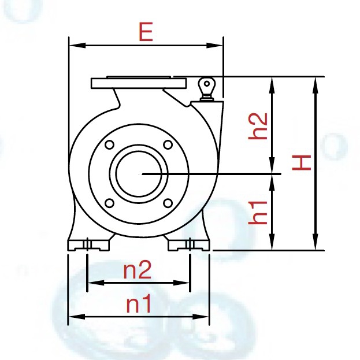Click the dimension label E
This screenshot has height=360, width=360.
(x=146, y=32)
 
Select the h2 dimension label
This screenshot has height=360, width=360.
(x=258, y=126)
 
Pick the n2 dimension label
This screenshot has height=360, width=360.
(x=138, y=269)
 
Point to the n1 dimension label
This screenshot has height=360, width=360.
(x=139, y=303)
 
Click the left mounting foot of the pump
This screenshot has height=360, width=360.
(x=88, y=244)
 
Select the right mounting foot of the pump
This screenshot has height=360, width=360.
(x=188, y=244)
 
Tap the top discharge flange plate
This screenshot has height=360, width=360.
(x=139, y=83)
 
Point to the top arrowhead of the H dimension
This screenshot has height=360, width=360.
(x=315, y=81)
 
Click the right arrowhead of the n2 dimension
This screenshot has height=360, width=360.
(x=185, y=283)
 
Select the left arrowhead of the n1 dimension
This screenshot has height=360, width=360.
(x=73, y=317)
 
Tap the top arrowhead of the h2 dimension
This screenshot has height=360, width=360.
(x=272, y=81)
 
